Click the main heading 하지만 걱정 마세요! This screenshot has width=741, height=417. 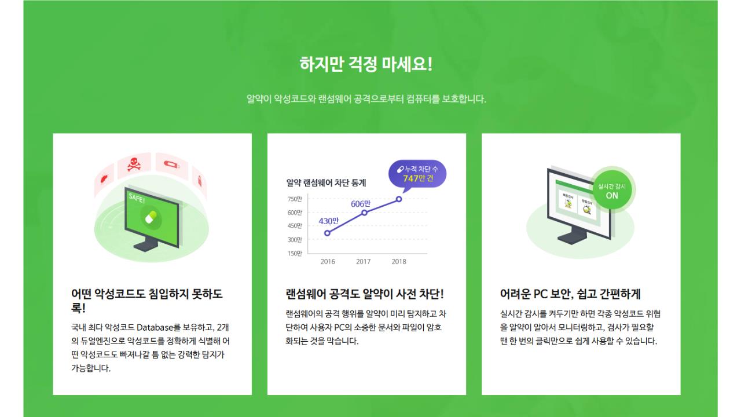click(x=366, y=64)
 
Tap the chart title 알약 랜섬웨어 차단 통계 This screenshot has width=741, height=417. click(x=326, y=182)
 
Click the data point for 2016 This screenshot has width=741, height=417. click(x=328, y=233)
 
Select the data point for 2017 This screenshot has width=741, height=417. click(x=364, y=213)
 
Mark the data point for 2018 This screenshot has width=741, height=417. click(x=399, y=199)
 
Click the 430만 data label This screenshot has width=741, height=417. click(x=328, y=221)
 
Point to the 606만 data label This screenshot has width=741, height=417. click(x=361, y=203)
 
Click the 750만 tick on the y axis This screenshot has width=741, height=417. click(x=295, y=199)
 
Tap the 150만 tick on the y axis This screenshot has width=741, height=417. click(x=295, y=253)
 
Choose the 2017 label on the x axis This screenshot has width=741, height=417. click(x=363, y=262)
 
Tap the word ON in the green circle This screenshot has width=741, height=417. click(x=612, y=195)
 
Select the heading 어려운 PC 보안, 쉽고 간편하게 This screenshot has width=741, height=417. click(x=570, y=294)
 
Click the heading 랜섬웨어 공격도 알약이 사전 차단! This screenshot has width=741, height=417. click(x=365, y=294)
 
